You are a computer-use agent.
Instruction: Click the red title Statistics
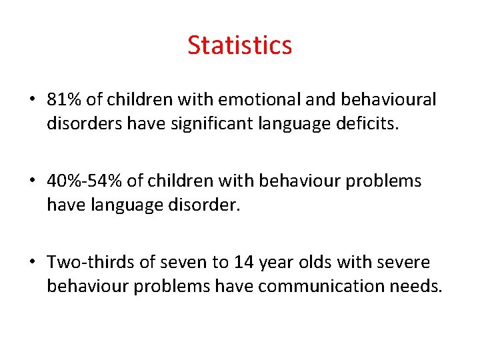[239, 45]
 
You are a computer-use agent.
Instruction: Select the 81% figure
[65, 100]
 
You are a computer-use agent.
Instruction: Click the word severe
[403, 262]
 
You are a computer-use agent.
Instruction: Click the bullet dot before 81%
[32, 101]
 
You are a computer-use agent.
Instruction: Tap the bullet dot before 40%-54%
[32, 181]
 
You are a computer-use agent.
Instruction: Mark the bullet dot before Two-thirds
[32, 263]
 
